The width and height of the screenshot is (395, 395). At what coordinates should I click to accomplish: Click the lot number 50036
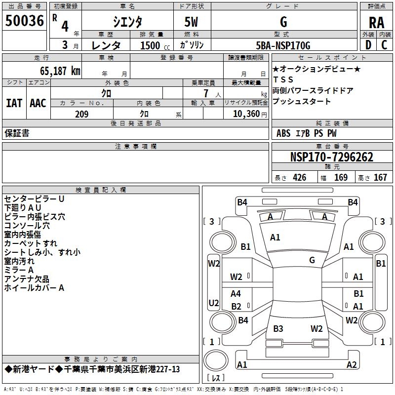coord(25,21)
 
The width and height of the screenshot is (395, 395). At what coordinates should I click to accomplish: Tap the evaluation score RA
coord(376,23)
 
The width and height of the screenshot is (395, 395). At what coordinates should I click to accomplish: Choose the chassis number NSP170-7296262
coord(331,158)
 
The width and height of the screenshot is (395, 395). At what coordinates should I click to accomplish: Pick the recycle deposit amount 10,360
coord(246,114)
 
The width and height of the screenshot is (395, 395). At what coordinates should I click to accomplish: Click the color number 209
coord(81,114)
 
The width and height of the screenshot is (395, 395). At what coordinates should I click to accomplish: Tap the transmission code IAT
coord(14,103)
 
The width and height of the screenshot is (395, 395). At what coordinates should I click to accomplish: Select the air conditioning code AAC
coord(38,103)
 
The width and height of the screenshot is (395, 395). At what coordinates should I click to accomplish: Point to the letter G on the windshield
coord(312,260)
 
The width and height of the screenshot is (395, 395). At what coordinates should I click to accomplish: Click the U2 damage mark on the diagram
coord(214,303)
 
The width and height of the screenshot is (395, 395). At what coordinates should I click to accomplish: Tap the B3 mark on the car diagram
coord(278,329)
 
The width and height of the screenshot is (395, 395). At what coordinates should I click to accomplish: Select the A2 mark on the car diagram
coord(352,365)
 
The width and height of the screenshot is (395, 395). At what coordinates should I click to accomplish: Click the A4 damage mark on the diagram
coord(236,294)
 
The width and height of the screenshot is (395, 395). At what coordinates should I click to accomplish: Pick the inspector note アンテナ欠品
coord(27,279)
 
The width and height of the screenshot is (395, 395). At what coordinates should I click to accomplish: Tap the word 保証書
coord(17,133)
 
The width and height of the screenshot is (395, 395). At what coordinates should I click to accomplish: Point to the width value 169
coord(341,178)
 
